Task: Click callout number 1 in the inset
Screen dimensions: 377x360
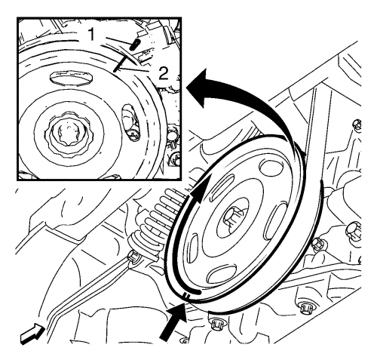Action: point(91,34)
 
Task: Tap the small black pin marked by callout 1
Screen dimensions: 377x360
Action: point(135,44)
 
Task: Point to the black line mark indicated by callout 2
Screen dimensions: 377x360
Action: point(119,64)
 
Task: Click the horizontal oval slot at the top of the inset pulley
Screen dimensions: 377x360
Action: point(71,77)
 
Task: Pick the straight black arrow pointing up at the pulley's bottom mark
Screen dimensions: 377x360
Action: point(173,322)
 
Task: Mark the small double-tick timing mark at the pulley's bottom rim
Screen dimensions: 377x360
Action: point(186,295)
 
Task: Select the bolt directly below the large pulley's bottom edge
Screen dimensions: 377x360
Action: point(216,325)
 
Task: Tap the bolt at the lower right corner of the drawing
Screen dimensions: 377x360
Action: point(307,309)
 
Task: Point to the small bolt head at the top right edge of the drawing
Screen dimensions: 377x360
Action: point(357,125)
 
